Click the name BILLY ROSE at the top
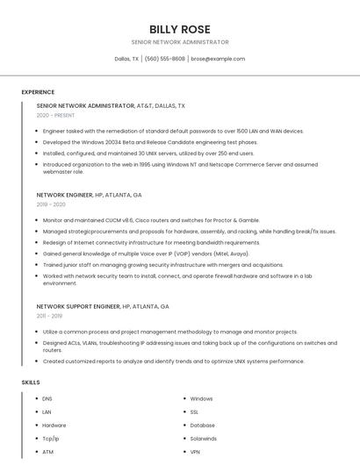pyautogui.click(x=179, y=29)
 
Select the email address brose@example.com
pyautogui.click(x=218, y=59)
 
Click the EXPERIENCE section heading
pyautogui.click(x=38, y=92)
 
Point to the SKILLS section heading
pyautogui.click(x=31, y=383)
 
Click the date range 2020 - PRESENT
pyautogui.click(x=55, y=115)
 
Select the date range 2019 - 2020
pyautogui.click(x=51, y=204)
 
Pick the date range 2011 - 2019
pyautogui.click(x=49, y=316)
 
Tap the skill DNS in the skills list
pyautogui.click(x=47, y=399)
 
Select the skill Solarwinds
pyautogui.click(x=203, y=439)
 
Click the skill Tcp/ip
pyautogui.click(x=51, y=439)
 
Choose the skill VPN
pyautogui.click(x=195, y=452)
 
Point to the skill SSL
pyautogui.click(x=194, y=412)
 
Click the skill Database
pyautogui.click(x=202, y=426)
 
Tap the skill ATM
pyautogui.click(x=47, y=452)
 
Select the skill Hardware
pyautogui.click(x=54, y=426)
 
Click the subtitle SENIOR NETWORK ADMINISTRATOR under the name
pyautogui.click(x=179, y=42)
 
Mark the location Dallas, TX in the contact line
pyautogui.click(x=126, y=59)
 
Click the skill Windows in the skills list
pyautogui.click(x=201, y=399)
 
